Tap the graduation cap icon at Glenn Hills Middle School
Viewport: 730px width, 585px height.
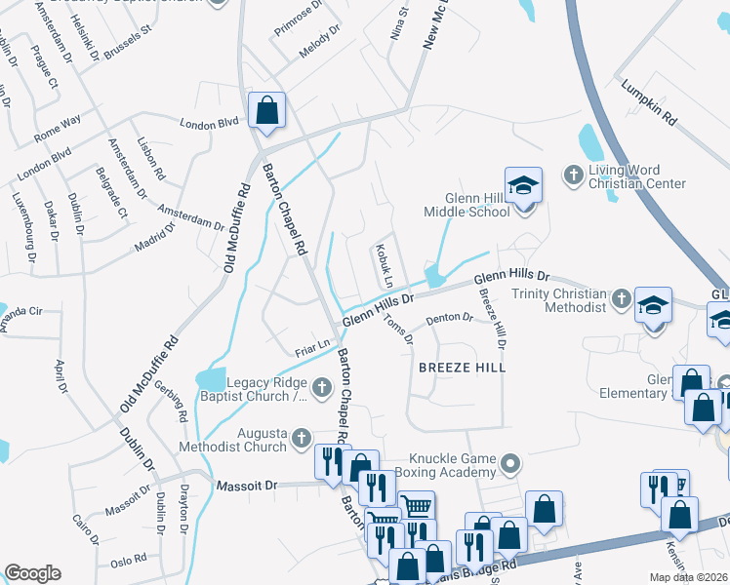tap(523, 184)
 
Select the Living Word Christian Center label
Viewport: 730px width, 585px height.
tap(637, 176)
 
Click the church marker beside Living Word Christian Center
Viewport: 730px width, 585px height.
tap(573, 175)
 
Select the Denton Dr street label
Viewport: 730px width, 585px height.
tap(450, 318)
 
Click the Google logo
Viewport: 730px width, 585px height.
tap(32, 573)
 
